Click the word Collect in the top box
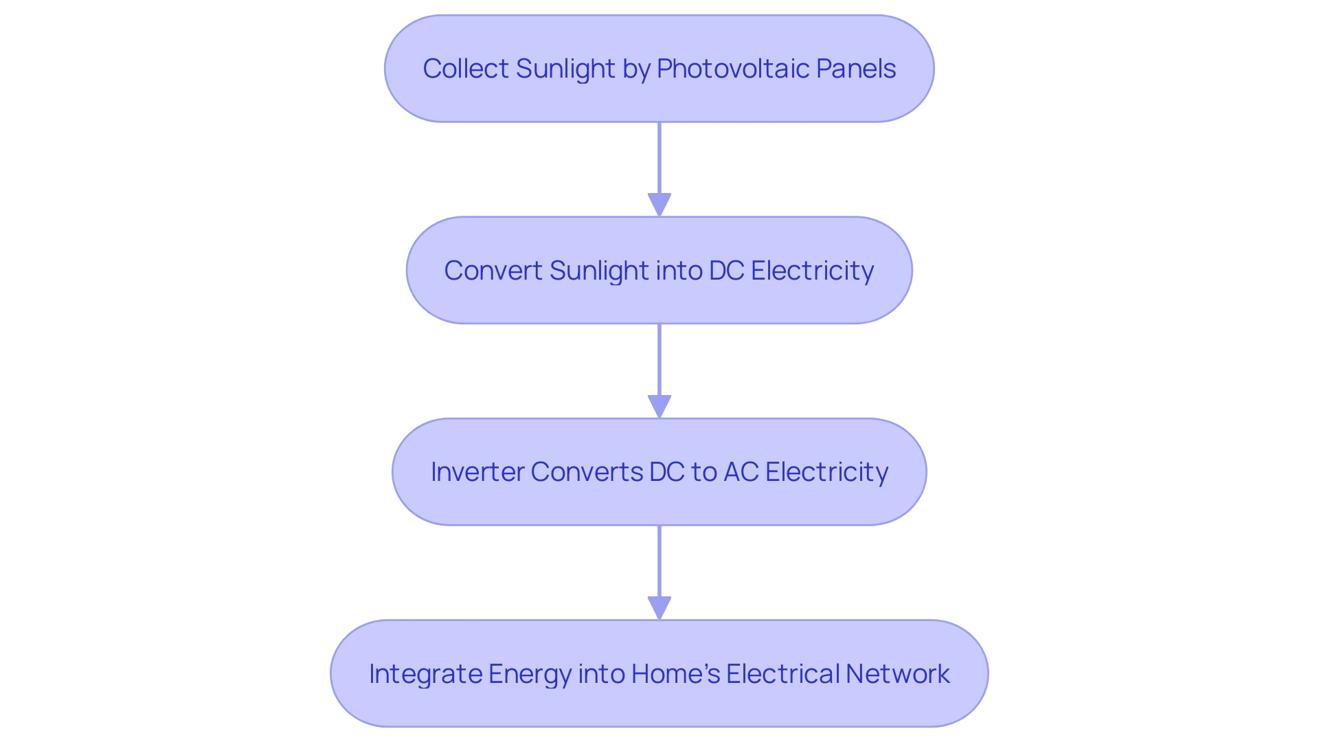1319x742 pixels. click(x=466, y=69)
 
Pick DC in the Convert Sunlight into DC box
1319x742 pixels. click(x=726, y=271)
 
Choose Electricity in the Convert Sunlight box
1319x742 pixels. click(x=812, y=271)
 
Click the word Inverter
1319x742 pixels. click(x=477, y=472)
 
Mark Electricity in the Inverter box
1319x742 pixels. click(x=826, y=472)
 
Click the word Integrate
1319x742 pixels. click(x=425, y=674)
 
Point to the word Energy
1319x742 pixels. click(x=530, y=674)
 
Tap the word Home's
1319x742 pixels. click(x=675, y=674)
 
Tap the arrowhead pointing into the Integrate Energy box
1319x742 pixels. click(x=659, y=608)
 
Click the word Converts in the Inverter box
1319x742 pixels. click(x=586, y=472)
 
